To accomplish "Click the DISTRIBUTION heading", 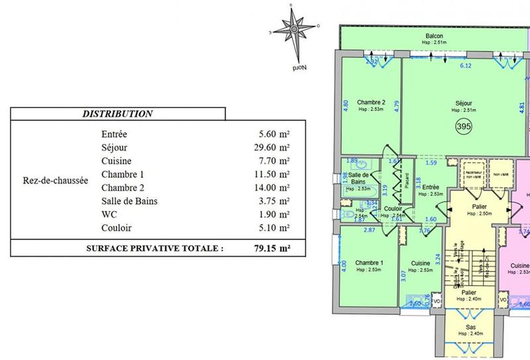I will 118,114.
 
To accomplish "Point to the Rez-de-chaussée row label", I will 50,181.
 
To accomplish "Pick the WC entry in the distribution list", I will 109,214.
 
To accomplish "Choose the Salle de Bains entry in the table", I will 129,201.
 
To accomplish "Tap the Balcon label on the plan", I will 435,36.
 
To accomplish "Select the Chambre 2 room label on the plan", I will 370,101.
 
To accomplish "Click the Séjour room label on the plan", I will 464,103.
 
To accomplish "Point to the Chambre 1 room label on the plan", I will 370,262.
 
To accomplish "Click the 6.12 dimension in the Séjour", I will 466,66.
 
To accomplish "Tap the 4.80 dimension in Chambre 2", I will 345,104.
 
